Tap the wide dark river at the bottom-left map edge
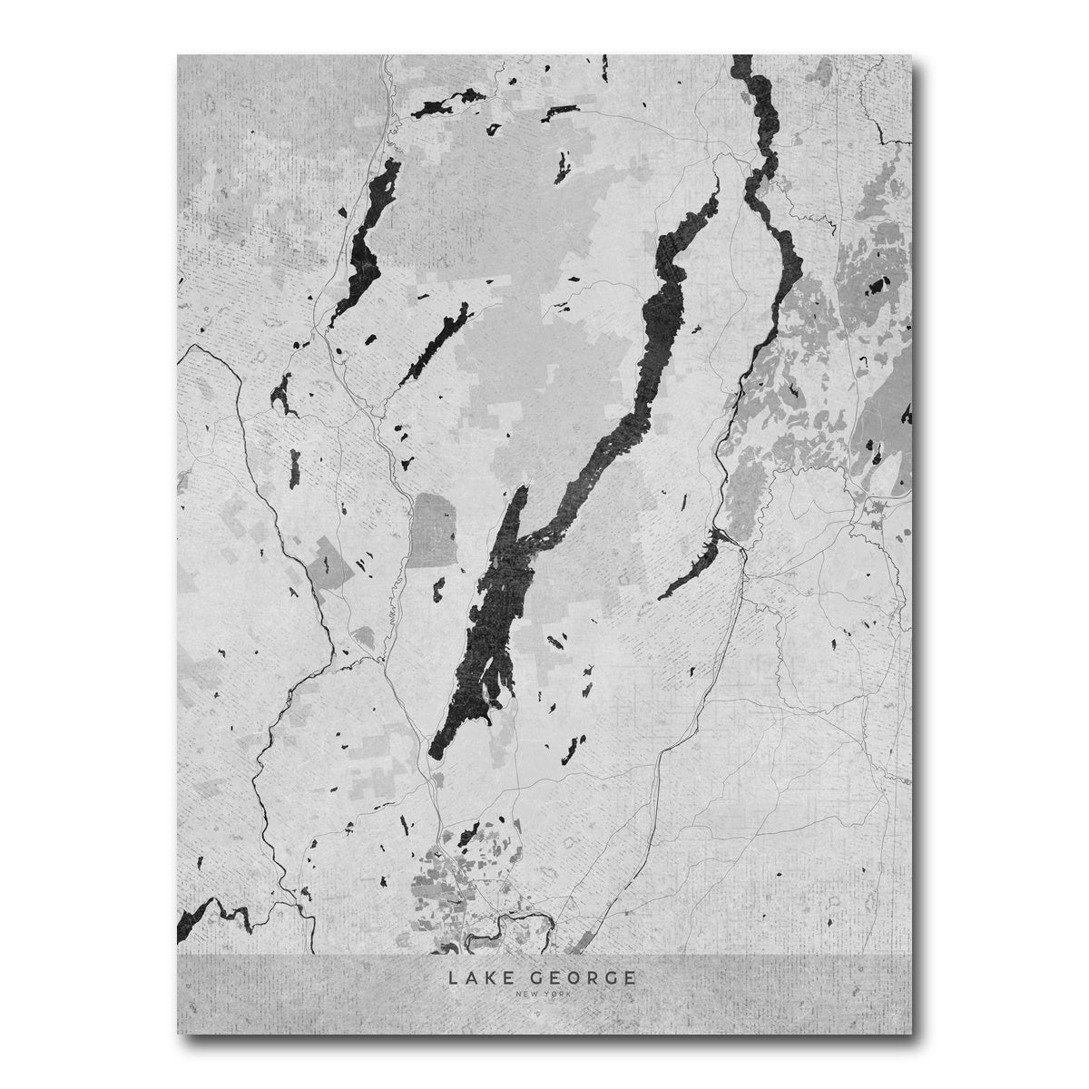click(195, 917)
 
